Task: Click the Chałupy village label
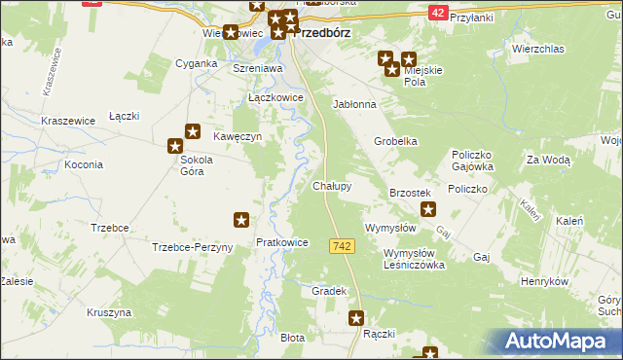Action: pos(331,185)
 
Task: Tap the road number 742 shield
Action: pos(341,249)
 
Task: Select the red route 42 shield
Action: pos(438,12)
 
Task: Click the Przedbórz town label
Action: pos(321,32)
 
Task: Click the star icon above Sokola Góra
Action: pos(193,131)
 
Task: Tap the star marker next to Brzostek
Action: pos(426,209)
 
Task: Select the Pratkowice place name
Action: pos(281,242)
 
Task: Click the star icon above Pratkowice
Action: pos(241,222)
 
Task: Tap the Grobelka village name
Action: pos(396,141)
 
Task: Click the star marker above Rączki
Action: pos(357,317)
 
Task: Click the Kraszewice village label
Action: pos(67,121)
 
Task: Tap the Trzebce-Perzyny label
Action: pos(192,248)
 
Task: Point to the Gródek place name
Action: pos(329,292)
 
